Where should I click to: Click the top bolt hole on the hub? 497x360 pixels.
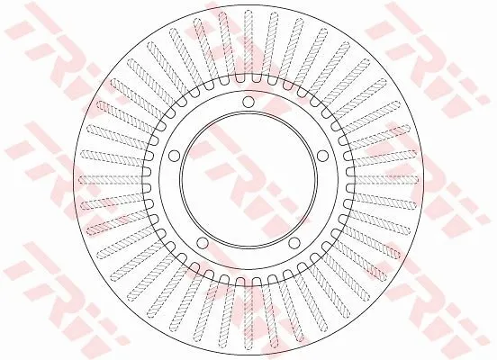tap(248, 102)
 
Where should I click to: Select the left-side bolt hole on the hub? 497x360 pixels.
tap(174, 156)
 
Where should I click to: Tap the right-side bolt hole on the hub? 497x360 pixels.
tap(322, 156)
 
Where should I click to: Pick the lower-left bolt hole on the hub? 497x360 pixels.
tap(203, 243)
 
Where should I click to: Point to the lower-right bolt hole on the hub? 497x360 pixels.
tap(294, 243)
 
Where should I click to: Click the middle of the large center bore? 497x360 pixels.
tap(248, 180)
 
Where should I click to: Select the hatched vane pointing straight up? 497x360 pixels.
tap(248, 43)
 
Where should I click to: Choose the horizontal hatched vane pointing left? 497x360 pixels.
tap(112, 180)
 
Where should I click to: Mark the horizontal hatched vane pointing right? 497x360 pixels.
tap(385, 180)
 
